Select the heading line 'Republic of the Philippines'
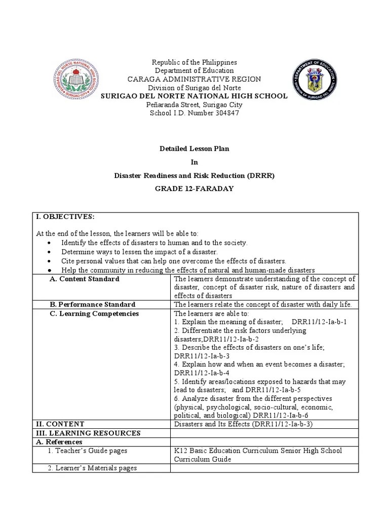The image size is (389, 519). pyautogui.click(x=194, y=62)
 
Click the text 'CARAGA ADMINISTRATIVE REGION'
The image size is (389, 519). pyautogui.click(x=194, y=79)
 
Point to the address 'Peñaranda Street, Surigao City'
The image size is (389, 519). pyautogui.click(x=194, y=105)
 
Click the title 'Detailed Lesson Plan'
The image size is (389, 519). pyautogui.click(x=194, y=149)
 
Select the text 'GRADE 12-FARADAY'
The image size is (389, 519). pyautogui.click(x=194, y=188)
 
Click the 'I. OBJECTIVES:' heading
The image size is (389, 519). pyautogui.click(x=65, y=217)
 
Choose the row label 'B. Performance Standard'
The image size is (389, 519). pyautogui.click(x=92, y=305)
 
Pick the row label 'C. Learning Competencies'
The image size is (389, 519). pyautogui.click(x=94, y=314)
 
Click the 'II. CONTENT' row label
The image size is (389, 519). pyautogui.click(x=60, y=424)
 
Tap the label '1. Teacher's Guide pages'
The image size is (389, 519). pyautogui.click(x=88, y=451)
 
